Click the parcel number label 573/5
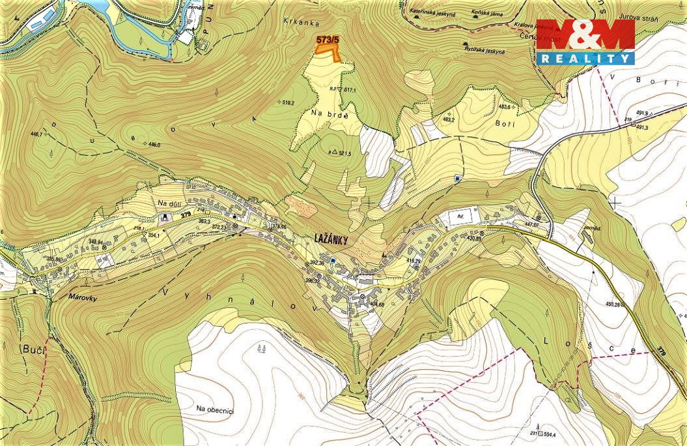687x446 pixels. (x=328, y=40)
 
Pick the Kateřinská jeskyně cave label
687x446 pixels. (x=433, y=12)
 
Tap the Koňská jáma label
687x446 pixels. (x=490, y=12)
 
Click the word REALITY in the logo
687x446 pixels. (x=585, y=59)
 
